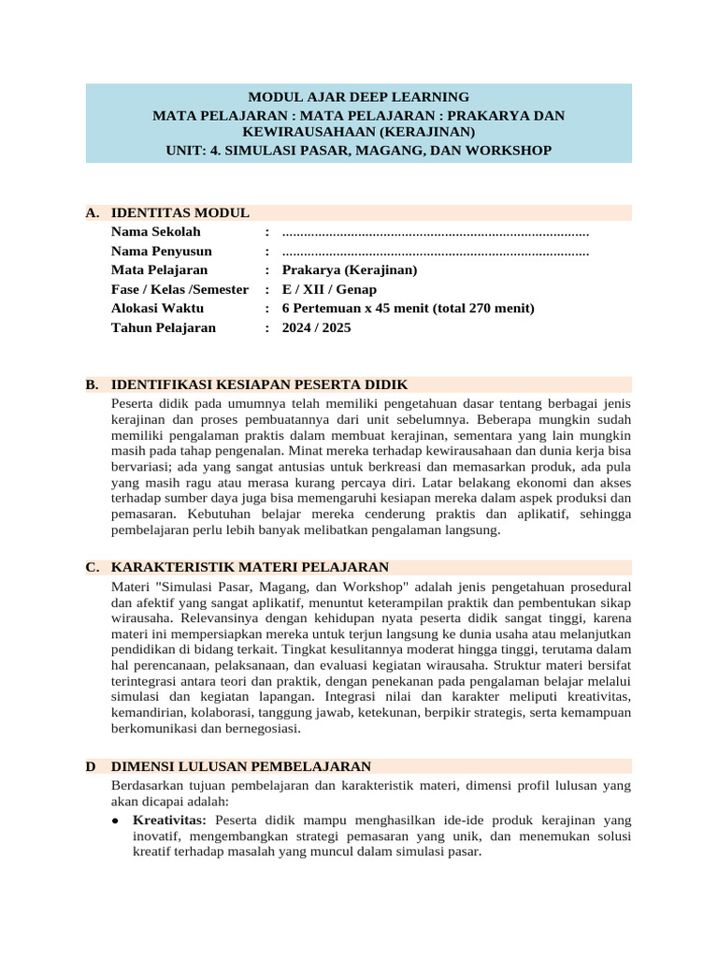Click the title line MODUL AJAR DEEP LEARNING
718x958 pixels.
(x=358, y=96)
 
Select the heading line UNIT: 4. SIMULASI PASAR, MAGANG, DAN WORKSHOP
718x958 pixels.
(x=358, y=150)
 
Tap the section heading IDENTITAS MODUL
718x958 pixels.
(x=179, y=212)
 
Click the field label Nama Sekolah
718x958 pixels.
(x=155, y=232)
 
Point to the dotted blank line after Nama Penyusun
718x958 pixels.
(x=435, y=252)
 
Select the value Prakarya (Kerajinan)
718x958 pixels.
(x=349, y=270)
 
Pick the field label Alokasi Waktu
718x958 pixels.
(x=157, y=309)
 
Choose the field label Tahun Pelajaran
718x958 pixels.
(x=163, y=328)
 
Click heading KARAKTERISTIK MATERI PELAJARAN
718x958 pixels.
(x=250, y=567)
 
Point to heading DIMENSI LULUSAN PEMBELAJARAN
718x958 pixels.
(x=240, y=766)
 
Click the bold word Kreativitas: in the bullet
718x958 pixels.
(x=169, y=819)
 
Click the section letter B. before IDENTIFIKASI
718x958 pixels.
(x=92, y=385)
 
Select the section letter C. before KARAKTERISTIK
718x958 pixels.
(x=92, y=567)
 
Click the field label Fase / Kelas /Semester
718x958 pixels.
(x=179, y=290)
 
